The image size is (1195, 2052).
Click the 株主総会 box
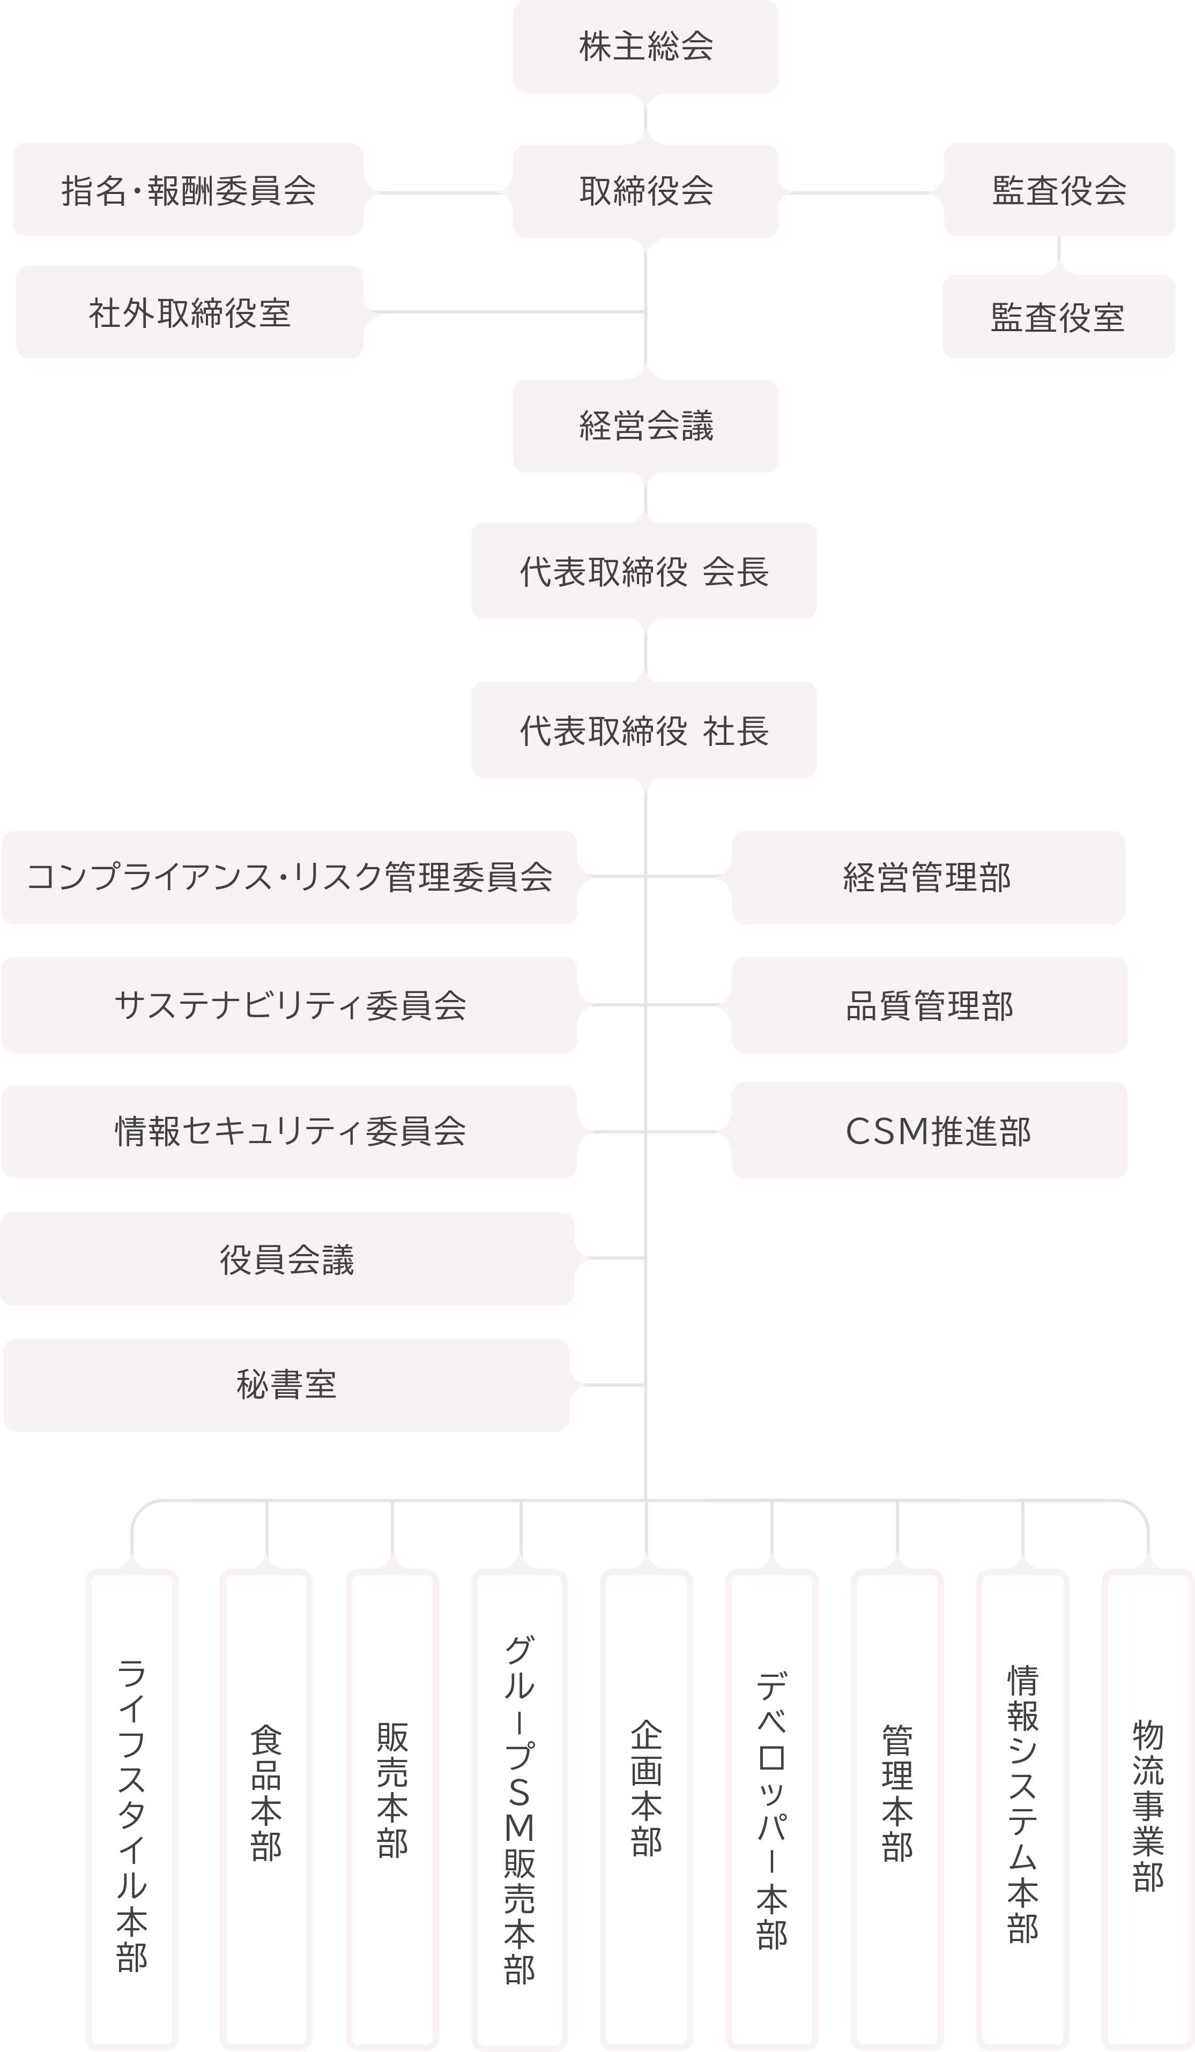point(645,47)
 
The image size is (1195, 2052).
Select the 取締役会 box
point(645,191)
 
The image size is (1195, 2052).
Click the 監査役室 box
point(1058,317)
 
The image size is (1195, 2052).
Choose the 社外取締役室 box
point(189,312)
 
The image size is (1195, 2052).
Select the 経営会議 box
point(645,426)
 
